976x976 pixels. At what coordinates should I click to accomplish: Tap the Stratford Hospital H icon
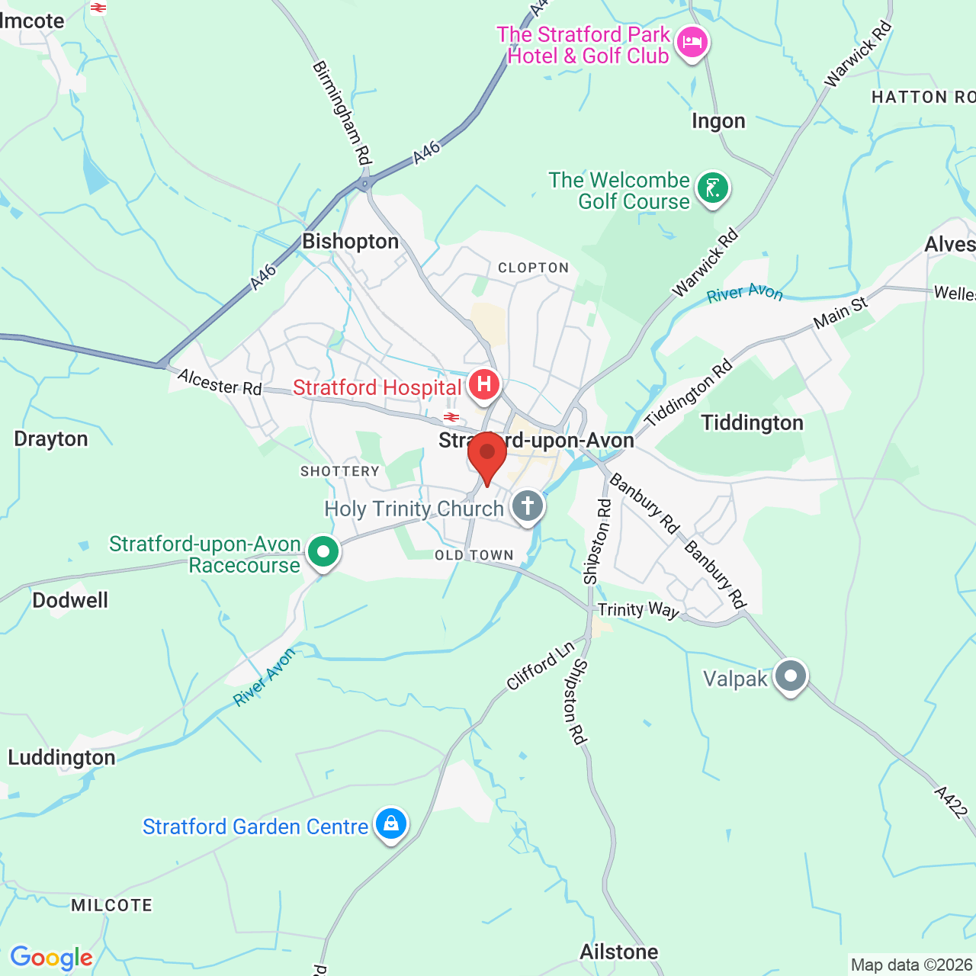(x=483, y=384)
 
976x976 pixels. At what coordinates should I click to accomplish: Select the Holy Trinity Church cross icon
(x=527, y=505)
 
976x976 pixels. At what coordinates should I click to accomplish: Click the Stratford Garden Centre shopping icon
(x=391, y=823)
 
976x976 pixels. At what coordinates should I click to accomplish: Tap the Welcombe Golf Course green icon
(x=713, y=188)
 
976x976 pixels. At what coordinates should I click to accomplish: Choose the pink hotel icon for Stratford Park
(x=692, y=42)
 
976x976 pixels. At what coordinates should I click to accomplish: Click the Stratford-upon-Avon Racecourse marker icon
(x=323, y=551)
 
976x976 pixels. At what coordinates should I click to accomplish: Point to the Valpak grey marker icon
(x=790, y=676)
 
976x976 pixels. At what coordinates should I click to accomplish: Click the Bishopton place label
(x=351, y=242)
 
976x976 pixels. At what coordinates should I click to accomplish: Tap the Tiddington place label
(x=752, y=423)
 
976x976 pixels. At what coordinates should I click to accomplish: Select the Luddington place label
(x=62, y=757)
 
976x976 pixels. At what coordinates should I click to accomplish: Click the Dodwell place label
(x=70, y=600)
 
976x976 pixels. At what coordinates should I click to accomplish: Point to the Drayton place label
(x=51, y=439)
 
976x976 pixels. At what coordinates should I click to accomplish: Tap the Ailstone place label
(x=619, y=952)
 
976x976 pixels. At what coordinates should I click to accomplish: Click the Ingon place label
(x=718, y=121)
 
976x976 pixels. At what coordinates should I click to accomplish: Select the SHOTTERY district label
(x=340, y=471)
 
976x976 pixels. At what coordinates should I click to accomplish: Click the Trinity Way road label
(x=638, y=610)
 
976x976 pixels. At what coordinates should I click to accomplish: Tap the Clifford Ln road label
(x=540, y=666)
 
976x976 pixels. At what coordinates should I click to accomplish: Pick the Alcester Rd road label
(x=220, y=383)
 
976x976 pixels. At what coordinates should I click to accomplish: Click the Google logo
(x=51, y=958)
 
